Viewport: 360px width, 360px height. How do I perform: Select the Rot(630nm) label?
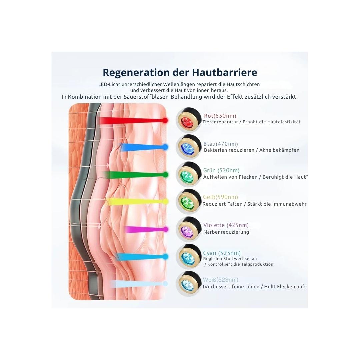click(220, 116)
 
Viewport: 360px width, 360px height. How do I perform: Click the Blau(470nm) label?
click(221, 144)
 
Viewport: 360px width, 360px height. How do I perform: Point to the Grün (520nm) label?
click(221, 171)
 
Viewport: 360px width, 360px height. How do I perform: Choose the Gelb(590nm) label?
click(220, 197)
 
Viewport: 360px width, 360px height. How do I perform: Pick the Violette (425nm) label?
click(226, 225)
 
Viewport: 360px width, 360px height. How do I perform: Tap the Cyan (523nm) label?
click(222, 253)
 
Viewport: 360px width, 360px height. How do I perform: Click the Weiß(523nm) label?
click(221, 280)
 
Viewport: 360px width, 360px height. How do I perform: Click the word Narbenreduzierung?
click(226, 232)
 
